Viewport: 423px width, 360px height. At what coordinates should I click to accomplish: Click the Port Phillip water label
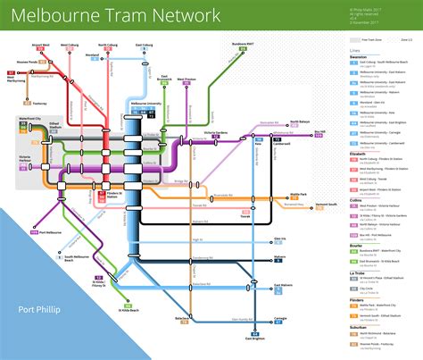[x=38, y=310]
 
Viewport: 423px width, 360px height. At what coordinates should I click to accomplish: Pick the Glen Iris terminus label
[x=279, y=239]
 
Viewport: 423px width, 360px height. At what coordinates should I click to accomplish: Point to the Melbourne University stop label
[x=147, y=105]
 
